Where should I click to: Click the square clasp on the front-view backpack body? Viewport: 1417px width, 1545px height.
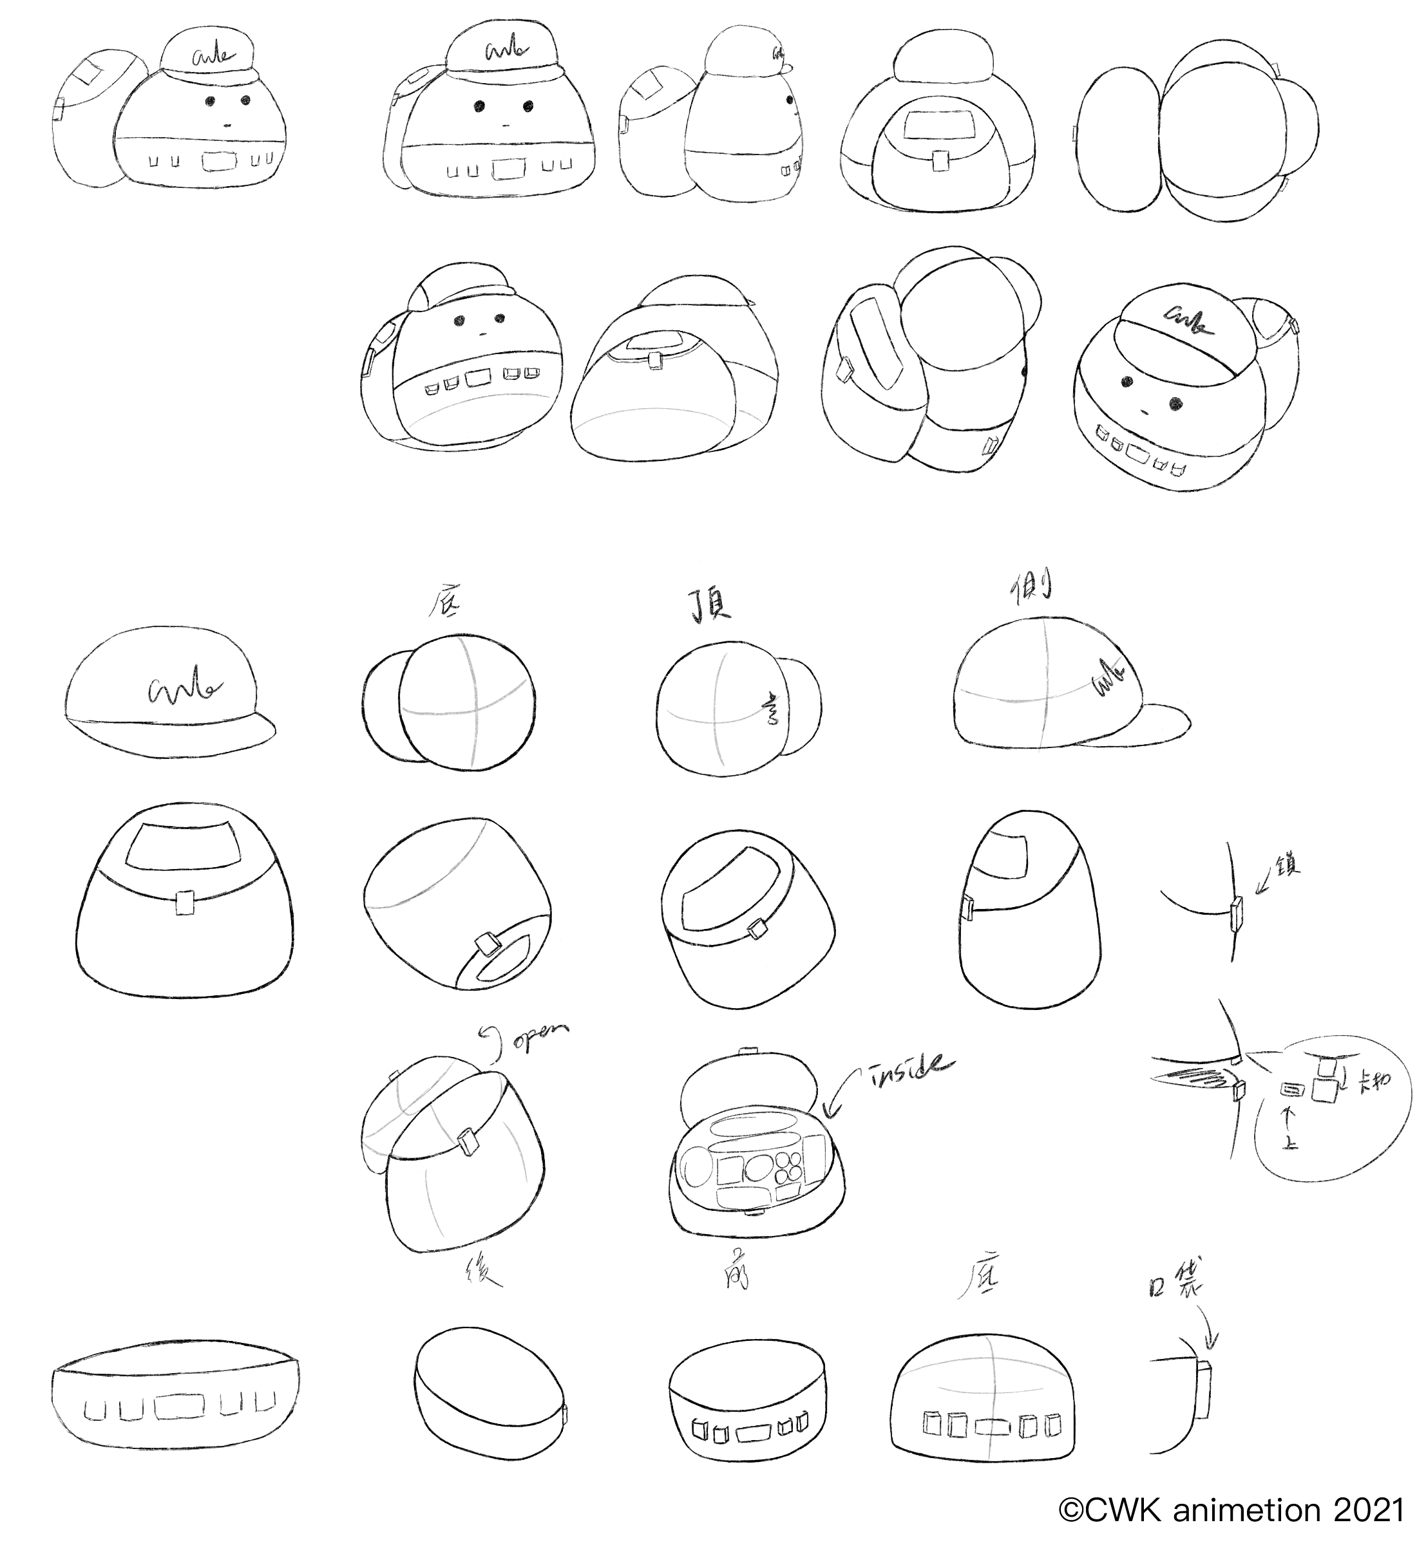(x=184, y=903)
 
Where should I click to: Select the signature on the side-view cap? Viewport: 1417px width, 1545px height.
(x=1110, y=679)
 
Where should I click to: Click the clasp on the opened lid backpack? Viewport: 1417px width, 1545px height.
(x=466, y=1142)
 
